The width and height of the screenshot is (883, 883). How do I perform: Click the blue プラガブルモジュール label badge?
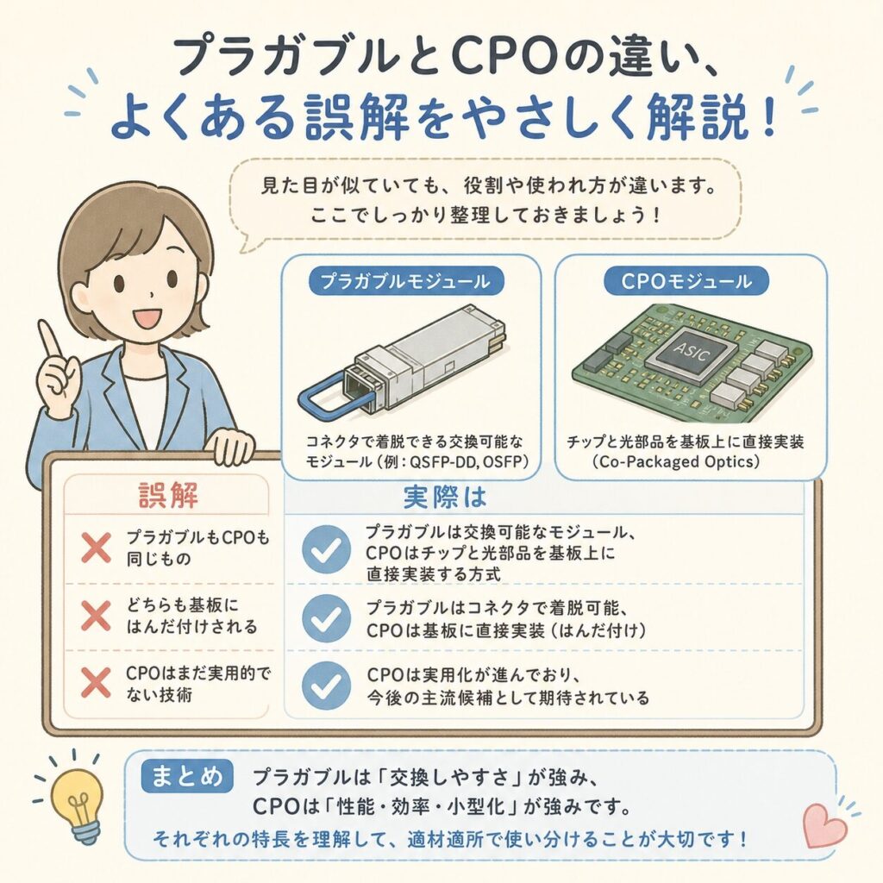tap(405, 281)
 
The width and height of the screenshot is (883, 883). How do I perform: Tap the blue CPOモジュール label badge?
tap(686, 281)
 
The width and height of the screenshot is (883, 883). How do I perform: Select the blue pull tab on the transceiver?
tap(332, 392)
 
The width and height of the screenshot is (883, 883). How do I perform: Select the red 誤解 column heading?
tap(168, 496)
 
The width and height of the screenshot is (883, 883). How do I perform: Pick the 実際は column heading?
tap(445, 496)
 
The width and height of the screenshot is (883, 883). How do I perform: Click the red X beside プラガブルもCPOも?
tap(96, 548)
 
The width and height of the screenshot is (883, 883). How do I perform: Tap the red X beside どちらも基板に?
tap(96, 616)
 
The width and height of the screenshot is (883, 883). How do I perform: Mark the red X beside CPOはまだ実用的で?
tap(96, 683)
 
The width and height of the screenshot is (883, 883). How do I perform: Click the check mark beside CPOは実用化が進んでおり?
tap(326, 686)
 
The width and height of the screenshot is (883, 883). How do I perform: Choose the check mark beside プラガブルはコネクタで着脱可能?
tap(326, 618)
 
